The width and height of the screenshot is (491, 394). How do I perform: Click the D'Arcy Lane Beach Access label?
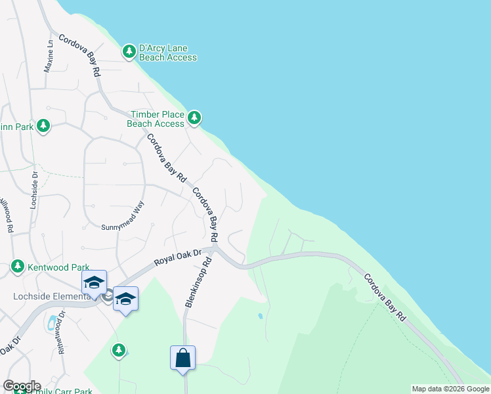[x=167, y=53]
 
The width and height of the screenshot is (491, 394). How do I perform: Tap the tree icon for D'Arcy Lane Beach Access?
[x=128, y=50]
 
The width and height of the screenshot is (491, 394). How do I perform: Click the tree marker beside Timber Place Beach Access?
[x=194, y=118]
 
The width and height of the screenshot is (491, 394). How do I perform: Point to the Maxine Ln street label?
[x=49, y=56]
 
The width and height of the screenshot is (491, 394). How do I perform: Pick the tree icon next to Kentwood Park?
[x=17, y=267]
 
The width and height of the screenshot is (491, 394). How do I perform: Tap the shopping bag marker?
[x=183, y=359]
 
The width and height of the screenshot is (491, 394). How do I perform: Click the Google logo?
[x=22, y=386]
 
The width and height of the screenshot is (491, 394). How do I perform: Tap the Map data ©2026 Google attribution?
[x=450, y=389]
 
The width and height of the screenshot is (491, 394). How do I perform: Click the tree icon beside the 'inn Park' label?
[x=43, y=125]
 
